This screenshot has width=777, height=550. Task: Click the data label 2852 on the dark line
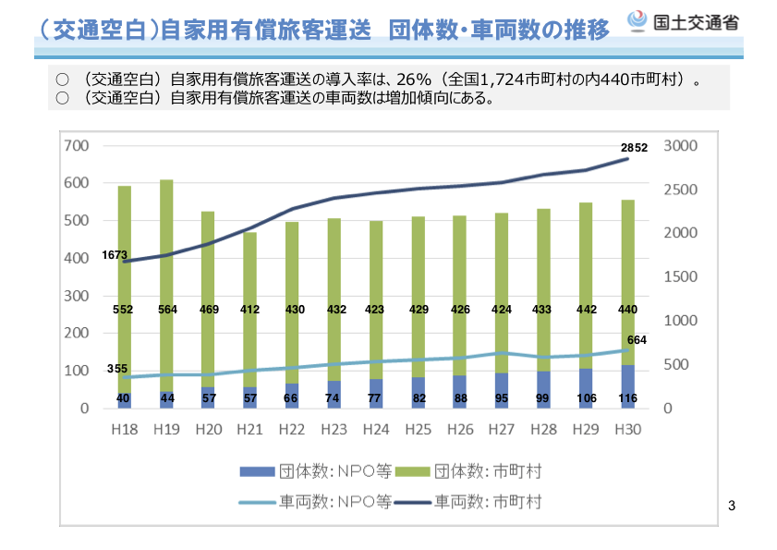[x=634, y=148]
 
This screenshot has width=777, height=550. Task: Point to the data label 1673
[x=115, y=254]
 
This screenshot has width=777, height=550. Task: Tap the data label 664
[x=636, y=340]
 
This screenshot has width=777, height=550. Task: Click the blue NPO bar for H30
[x=628, y=386]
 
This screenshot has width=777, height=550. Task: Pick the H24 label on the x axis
[x=376, y=429]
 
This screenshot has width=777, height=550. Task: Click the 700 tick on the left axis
[x=77, y=146]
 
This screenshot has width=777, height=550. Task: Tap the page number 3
[x=732, y=506]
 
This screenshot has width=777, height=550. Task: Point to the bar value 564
[x=166, y=310]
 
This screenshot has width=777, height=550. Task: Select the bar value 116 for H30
[x=628, y=398]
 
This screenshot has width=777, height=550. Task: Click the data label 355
[x=117, y=369]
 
